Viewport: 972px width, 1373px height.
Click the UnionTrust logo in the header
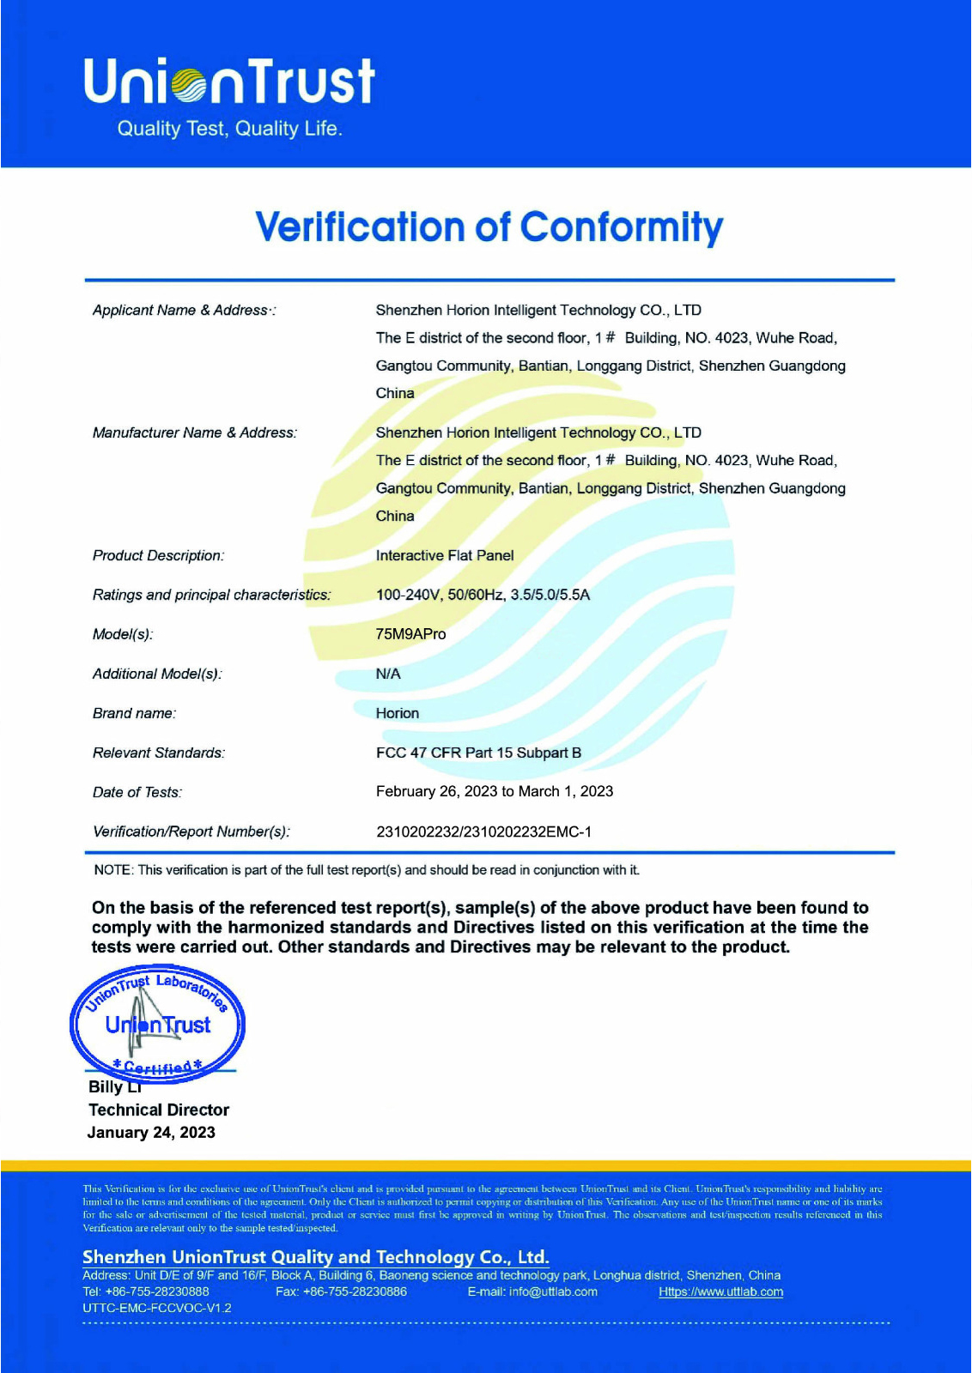point(229,82)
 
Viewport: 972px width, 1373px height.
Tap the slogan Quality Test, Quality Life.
point(229,129)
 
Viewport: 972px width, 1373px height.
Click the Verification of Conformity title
point(489,227)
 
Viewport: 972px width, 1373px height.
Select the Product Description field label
point(158,555)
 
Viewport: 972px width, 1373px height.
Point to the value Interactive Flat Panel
point(445,555)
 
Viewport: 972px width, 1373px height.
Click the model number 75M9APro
point(410,634)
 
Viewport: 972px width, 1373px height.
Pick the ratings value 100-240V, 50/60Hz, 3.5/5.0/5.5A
point(483,595)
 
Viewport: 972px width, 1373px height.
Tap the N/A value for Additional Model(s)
point(388,674)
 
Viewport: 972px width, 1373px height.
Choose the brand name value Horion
point(398,713)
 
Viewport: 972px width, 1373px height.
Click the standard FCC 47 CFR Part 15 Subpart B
point(478,753)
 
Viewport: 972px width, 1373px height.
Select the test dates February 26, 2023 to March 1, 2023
point(495,791)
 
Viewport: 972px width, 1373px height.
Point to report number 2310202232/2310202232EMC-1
point(483,832)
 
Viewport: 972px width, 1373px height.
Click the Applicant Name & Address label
point(184,310)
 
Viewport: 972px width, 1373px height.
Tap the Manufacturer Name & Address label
point(195,432)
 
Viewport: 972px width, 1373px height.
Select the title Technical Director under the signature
point(159,1110)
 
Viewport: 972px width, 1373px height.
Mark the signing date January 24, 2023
point(151,1132)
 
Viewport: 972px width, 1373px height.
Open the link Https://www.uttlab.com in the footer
point(720,1291)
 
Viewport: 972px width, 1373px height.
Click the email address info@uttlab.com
point(552,1291)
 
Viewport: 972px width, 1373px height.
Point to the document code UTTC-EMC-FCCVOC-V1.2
point(157,1308)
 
